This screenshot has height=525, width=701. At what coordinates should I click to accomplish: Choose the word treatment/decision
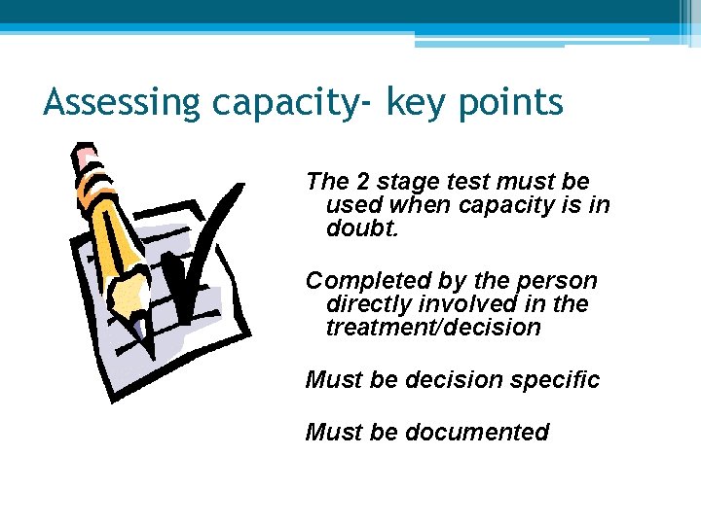(433, 328)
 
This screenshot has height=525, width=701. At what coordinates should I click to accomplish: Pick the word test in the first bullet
(466, 182)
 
